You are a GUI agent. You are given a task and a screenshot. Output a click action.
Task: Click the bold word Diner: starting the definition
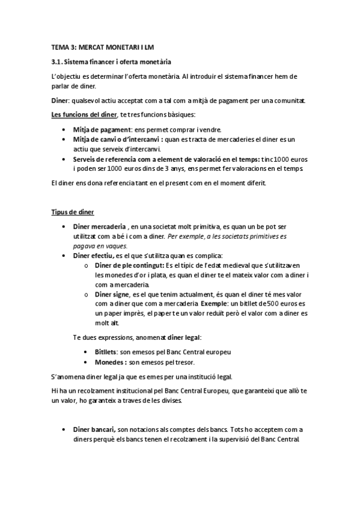point(60,101)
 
